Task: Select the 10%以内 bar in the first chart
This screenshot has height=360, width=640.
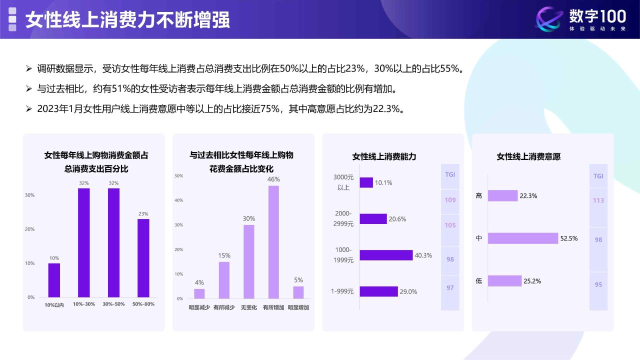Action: [x=54, y=280]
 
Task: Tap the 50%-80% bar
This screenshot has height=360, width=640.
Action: [x=143, y=258]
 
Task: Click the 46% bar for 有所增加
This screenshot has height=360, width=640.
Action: [x=273, y=242]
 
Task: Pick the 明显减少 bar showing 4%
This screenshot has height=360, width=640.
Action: [x=199, y=293]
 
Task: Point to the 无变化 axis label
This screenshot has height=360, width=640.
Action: [x=248, y=307]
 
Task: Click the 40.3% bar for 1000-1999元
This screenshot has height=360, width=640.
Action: [x=386, y=255]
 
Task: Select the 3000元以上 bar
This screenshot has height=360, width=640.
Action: [x=366, y=182]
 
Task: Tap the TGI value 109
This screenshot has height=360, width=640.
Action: [x=450, y=200]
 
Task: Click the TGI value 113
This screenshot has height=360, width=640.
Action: [x=598, y=200]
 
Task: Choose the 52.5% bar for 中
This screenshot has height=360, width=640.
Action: [x=523, y=238]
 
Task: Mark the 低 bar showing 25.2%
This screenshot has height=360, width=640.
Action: [x=504, y=281]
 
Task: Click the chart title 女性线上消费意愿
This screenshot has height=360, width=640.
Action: [x=528, y=156]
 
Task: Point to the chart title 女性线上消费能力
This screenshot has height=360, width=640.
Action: [x=384, y=156]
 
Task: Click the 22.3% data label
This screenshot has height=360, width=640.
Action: [x=528, y=195]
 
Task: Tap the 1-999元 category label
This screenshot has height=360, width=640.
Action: [x=342, y=291]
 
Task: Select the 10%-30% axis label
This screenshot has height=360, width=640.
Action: [x=83, y=304]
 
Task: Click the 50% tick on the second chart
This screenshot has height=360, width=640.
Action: [x=179, y=175]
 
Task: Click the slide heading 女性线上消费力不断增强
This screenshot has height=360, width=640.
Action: [x=127, y=19]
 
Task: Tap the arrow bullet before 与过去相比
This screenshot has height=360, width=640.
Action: [x=28, y=89]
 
